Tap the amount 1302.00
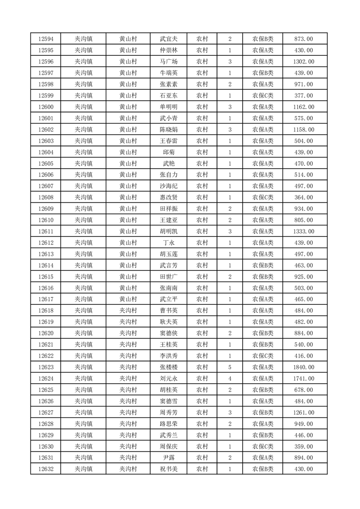pyautogui.click(x=303, y=62)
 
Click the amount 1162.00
pyautogui.click(x=303, y=107)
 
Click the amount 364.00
pyautogui.click(x=303, y=197)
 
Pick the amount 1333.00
pyautogui.click(x=303, y=231)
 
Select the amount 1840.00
pyautogui.click(x=303, y=367)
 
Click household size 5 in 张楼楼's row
pyautogui.click(x=230, y=367)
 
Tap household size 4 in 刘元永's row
pyautogui.click(x=230, y=378)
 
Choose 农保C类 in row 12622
pyautogui.click(x=263, y=356)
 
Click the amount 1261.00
pyautogui.click(x=303, y=412)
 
